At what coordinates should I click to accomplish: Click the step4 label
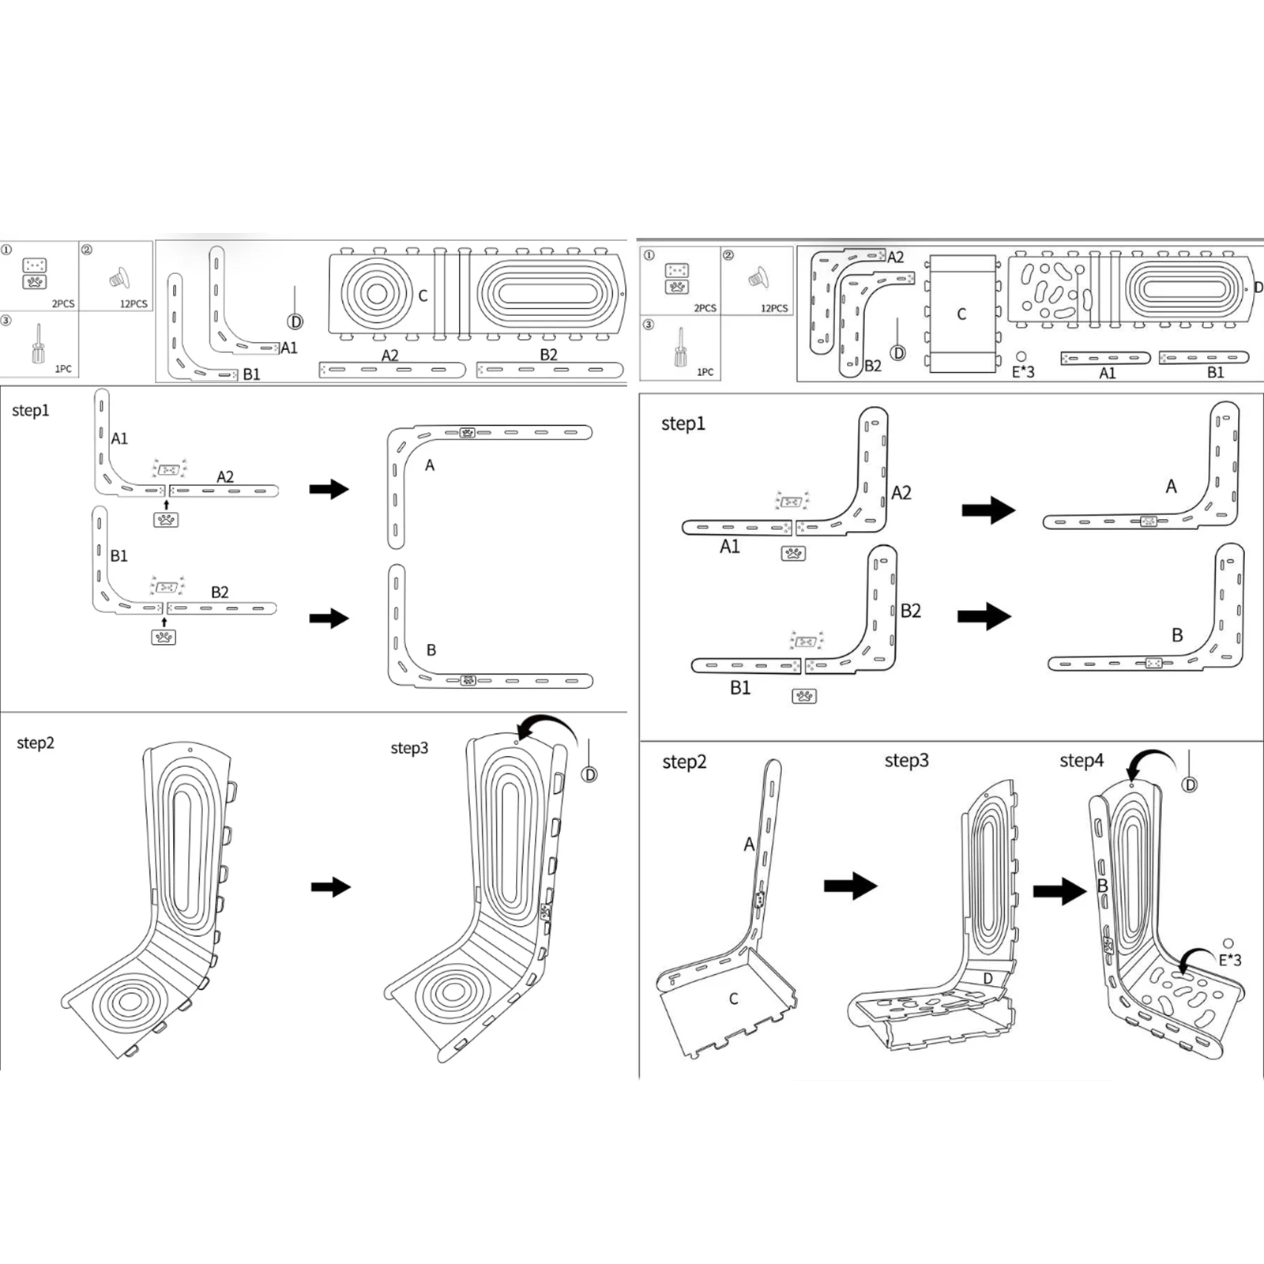pyautogui.click(x=1081, y=761)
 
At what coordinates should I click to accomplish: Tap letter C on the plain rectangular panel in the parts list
pyautogui.click(x=961, y=314)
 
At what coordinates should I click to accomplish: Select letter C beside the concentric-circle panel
pyautogui.click(x=423, y=295)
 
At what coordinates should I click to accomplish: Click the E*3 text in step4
pyautogui.click(x=1229, y=960)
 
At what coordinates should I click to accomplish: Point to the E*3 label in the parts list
pyautogui.click(x=1023, y=371)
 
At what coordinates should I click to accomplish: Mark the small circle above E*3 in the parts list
pyautogui.click(x=1021, y=356)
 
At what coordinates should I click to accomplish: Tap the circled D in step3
pyautogui.click(x=589, y=775)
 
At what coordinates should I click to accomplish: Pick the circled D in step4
pyautogui.click(x=1190, y=784)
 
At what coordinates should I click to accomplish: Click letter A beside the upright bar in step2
pyautogui.click(x=748, y=845)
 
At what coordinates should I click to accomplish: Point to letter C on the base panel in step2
pyautogui.click(x=733, y=999)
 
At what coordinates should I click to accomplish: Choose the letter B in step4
pyautogui.click(x=1103, y=886)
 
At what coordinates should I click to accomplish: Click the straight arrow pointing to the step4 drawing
pyautogui.click(x=1060, y=891)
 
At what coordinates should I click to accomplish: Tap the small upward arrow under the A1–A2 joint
pyautogui.click(x=166, y=504)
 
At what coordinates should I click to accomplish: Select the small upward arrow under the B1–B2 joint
pyautogui.click(x=164, y=623)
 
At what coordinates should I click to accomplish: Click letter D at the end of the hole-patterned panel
pyautogui.click(x=1258, y=288)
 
